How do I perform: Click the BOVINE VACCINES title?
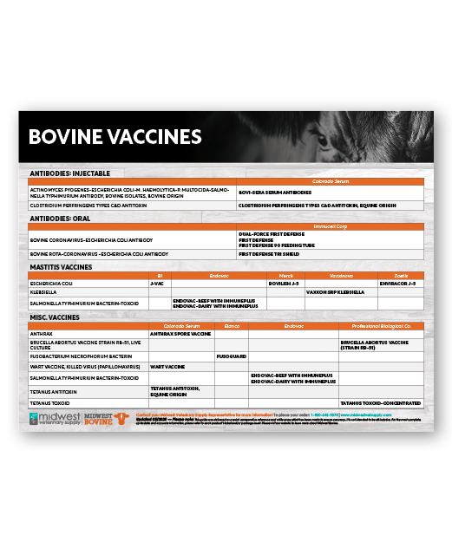point(115,137)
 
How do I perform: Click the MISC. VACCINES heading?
point(56,318)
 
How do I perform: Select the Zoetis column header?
point(400,275)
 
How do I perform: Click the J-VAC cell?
point(158,283)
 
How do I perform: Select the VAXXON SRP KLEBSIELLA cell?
point(337,292)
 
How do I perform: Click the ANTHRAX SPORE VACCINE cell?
point(180,333)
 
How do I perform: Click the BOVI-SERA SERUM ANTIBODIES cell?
point(275,193)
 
